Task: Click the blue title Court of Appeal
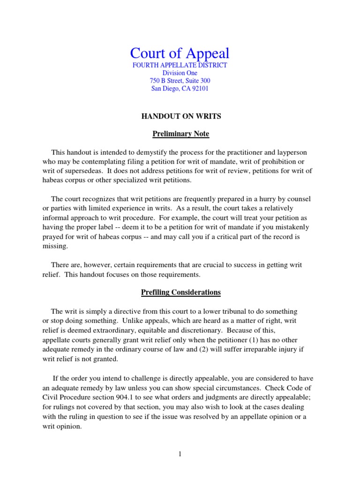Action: [180, 53]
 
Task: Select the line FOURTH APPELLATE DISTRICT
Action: [180, 65]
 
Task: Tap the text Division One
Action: [180, 73]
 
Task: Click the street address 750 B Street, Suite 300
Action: [180, 81]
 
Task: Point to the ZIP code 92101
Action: [199, 89]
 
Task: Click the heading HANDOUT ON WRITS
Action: [181, 116]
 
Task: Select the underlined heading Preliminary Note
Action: [181, 134]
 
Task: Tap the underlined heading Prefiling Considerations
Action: [181, 292]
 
